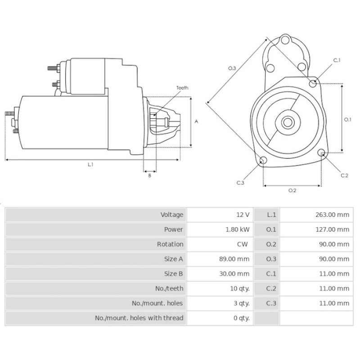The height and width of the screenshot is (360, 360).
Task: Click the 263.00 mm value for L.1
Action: [x=332, y=215]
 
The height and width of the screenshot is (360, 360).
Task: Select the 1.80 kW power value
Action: [x=238, y=229]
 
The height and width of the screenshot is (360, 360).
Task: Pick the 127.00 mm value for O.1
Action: [x=332, y=229]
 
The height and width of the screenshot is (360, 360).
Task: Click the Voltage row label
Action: [x=172, y=215]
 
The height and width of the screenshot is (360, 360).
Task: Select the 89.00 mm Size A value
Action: [x=236, y=259]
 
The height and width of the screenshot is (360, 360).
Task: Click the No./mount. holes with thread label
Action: [x=139, y=318]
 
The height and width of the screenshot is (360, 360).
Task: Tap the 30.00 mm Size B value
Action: [x=236, y=274]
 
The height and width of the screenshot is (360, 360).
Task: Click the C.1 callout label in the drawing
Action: [x=337, y=60]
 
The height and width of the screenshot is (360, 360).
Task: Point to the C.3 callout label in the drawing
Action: [x=240, y=183]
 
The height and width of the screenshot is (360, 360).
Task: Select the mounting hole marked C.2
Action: [x=322, y=153]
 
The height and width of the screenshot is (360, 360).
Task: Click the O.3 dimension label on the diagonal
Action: [x=232, y=68]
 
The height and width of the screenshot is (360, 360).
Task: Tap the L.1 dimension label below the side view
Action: [x=90, y=165]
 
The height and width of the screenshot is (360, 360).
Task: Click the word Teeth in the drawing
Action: [x=182, y=88]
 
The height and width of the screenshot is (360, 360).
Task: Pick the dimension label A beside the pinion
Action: [x=196, y=121]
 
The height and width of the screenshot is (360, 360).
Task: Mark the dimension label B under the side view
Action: [x=149, y=175]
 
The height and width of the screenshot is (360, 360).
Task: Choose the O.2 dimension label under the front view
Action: [x=292, y=190]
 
